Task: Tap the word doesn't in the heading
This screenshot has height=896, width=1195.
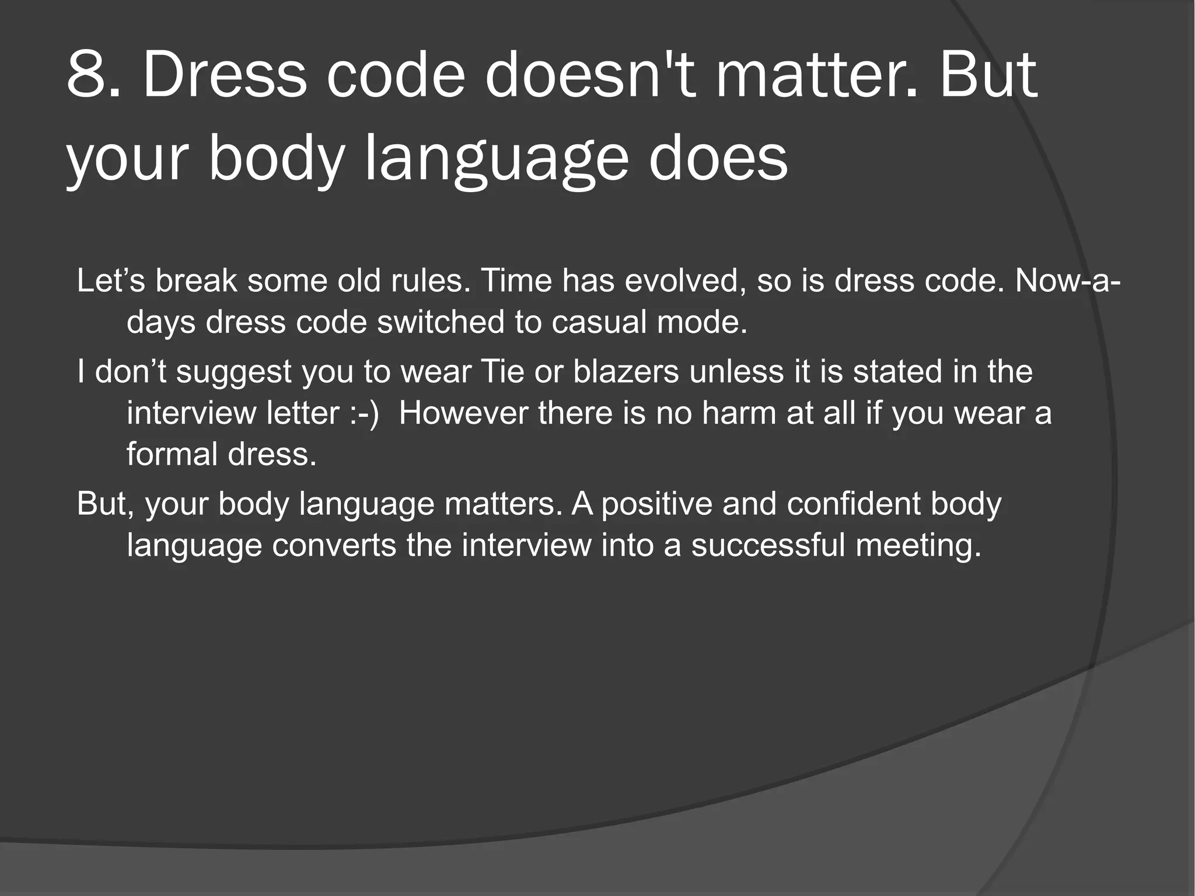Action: click(590, 75)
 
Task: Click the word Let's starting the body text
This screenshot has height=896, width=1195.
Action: click(111, 281)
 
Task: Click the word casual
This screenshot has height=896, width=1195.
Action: click(599, 322)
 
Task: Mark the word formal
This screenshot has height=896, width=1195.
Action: click(172, 454)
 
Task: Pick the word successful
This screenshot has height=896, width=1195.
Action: click(768, 545)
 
